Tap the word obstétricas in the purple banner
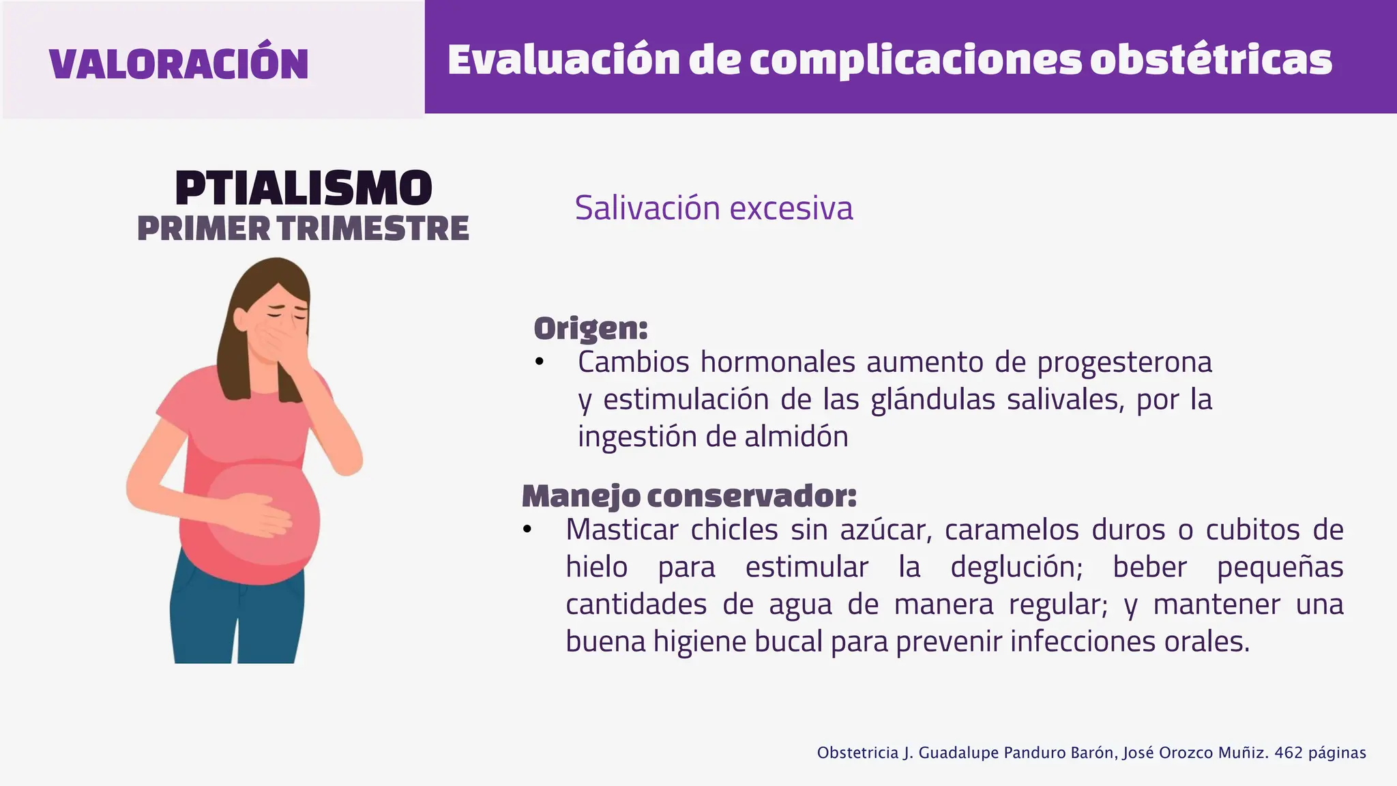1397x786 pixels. pyautogui.click(x=1210, y=60)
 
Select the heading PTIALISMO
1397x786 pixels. pyautogui.click(x=304, y=188)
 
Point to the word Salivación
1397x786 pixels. pyautogui.click(x=647, y=207)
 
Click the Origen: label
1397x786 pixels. pyautogui.click(x=591, y=328)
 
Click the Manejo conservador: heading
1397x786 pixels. pyautogui.click(x=689, y=496)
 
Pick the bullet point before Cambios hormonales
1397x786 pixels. pyautogui.click(x=539, y=362)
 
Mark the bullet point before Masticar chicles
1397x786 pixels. pyautogui.click(x=527, y=529)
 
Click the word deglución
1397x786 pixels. pyautogui.click(x=1016, y=568)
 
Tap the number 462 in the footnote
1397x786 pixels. pyautogui.click(x=1289, y=753)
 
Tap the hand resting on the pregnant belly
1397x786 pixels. pyautogui.click(x=263, y=513)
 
